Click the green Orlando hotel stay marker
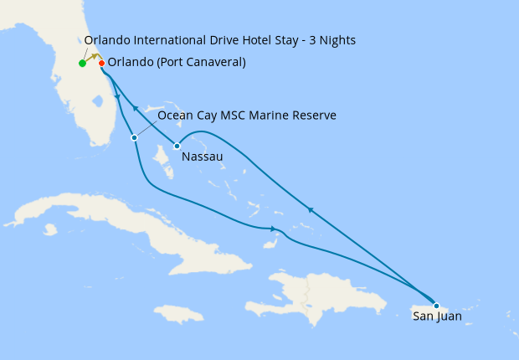tap(82, 64)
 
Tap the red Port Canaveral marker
tap(101, 64)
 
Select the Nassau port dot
tap(177, 147)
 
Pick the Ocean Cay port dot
tap(134, 137)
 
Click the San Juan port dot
tap(436, 306)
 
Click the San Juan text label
tap(436, 316)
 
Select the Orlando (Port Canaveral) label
tap(177, 63)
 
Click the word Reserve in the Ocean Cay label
tap(313, 115)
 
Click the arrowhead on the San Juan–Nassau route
tap(310, 209)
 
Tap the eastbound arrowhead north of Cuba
tap(274, 229)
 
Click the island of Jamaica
tap(179, 313)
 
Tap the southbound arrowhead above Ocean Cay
tap(117, 99)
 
